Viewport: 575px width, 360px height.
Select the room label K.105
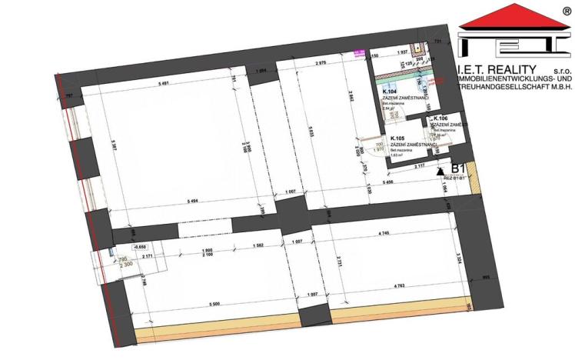(x=398, y=138)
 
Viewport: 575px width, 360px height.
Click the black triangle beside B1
(x=440, y=171)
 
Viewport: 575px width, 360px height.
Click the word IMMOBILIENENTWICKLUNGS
(x=507, y=81)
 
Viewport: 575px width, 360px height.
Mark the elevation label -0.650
(x=141, y=246)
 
